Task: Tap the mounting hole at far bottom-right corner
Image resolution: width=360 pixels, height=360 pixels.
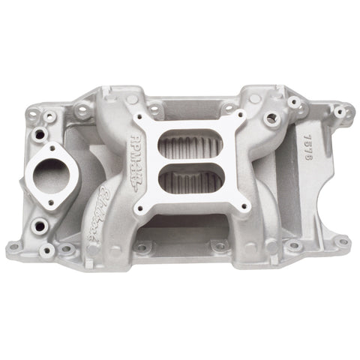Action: tap(343, 241)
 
